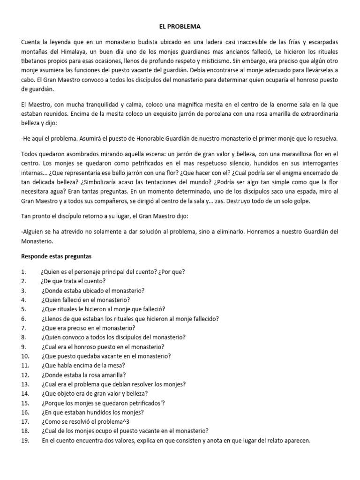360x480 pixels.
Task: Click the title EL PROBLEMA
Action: point(180,27)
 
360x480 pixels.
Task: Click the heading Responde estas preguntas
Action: point(57,256)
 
